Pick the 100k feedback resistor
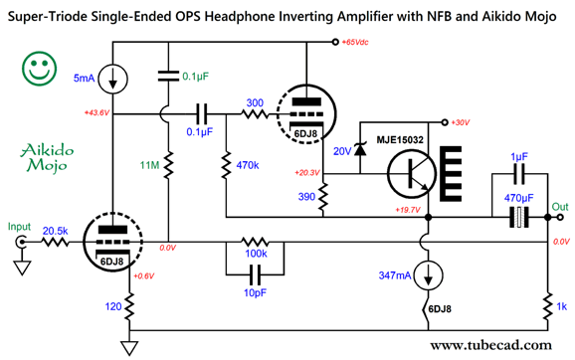click(256, 243)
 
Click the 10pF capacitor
click(256, 270)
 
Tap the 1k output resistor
click(549, 303)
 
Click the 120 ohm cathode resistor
click(127, 308)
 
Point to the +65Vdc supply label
click(359, 44)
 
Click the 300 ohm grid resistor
click(256, 115)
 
